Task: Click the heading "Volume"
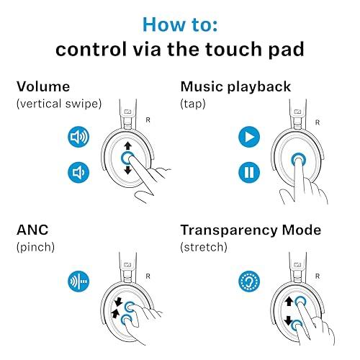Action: point(43,87)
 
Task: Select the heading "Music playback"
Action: point(235,87)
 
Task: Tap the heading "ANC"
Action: point(32,230)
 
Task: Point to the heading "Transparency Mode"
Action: point(251,230)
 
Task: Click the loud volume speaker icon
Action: point(78,137)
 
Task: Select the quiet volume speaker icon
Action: point(78,172)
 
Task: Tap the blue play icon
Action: point(248,137)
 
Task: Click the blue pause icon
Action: point(248,172)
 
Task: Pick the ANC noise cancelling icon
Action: point(78,282)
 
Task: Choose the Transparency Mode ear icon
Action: point(248,282)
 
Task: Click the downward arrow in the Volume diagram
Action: point(127,170)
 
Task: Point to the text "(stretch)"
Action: point(204,247)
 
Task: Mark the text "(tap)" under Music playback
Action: point(194,104)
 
